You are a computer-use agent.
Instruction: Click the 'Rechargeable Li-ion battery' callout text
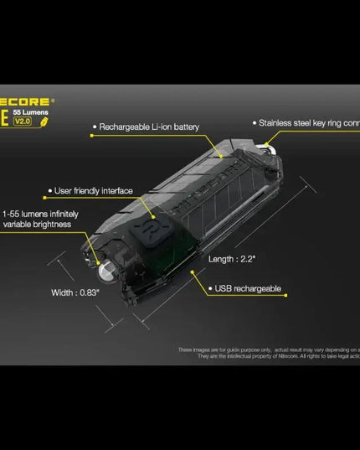149,127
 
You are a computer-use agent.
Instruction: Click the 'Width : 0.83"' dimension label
75,292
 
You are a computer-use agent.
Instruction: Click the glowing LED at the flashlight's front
105,269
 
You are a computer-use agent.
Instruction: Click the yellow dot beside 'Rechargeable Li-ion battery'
94,127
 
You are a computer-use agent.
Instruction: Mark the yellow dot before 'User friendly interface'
50,191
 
